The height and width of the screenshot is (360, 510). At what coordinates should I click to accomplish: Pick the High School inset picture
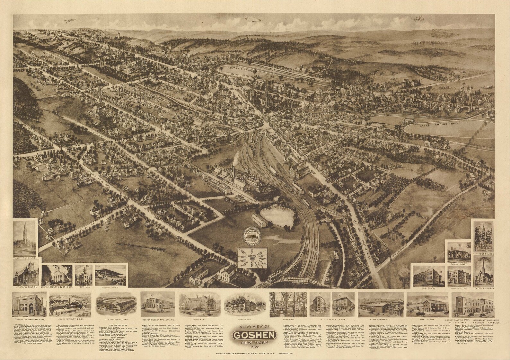pos(428,276)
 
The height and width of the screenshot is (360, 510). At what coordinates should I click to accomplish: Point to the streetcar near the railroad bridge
pos(275,276)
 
